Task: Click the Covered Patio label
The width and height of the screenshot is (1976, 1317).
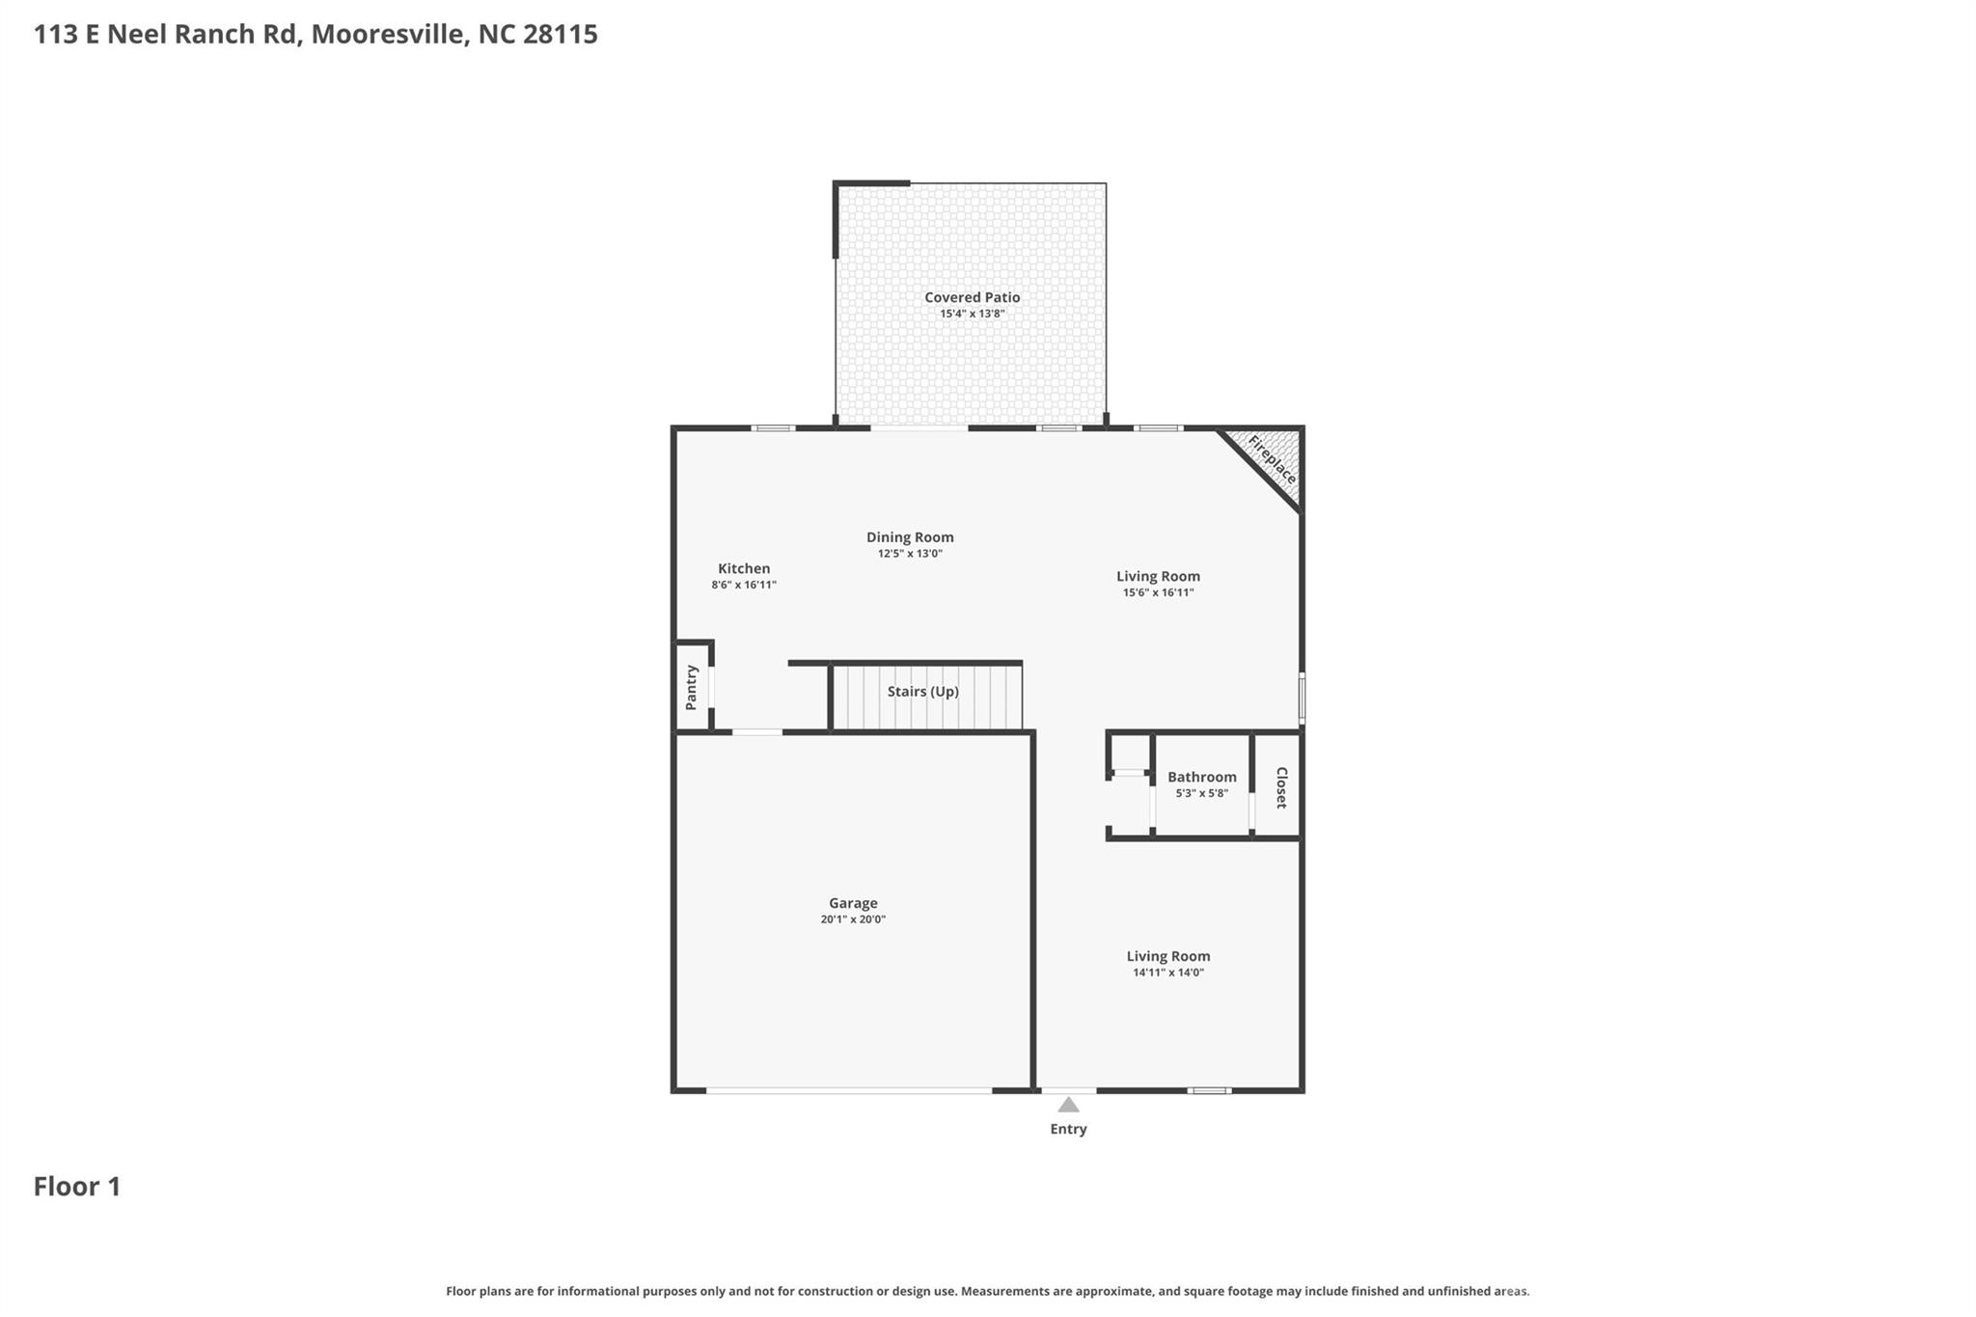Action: [x=972, y=297]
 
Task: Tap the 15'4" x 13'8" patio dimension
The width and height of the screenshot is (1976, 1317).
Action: [x=972, y=314]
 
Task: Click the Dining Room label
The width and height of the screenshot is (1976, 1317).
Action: [x=909, y=537]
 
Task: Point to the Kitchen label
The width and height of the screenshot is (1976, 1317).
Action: [x=744, y=568]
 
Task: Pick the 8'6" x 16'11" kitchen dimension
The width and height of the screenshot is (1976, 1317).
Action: [x=744, y=585]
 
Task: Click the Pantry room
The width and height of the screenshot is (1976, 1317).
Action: [x=691, y=687]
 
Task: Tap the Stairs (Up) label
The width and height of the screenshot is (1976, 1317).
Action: [x=922, y=692]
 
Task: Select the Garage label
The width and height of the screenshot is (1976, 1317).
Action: [x=853, y=903]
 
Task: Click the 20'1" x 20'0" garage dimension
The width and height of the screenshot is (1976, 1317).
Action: [x=853, y=919]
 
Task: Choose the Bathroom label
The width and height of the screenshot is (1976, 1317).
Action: [x=1201, y=777]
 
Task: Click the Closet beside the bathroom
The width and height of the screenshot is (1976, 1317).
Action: [x=1280, y=787]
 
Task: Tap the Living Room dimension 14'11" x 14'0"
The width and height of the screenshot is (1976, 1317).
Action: [x=1167, y=973]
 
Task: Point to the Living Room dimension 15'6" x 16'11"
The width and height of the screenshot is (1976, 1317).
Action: [x=1158, y=592]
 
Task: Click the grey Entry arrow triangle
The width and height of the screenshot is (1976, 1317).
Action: [x=1068, y=1106]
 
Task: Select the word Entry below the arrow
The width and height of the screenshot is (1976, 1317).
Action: [x=1068, y=1129]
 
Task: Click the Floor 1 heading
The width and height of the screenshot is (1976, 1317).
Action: [x=77, y=1187]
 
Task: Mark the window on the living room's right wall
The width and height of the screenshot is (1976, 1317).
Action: [x=1301, y=699]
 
